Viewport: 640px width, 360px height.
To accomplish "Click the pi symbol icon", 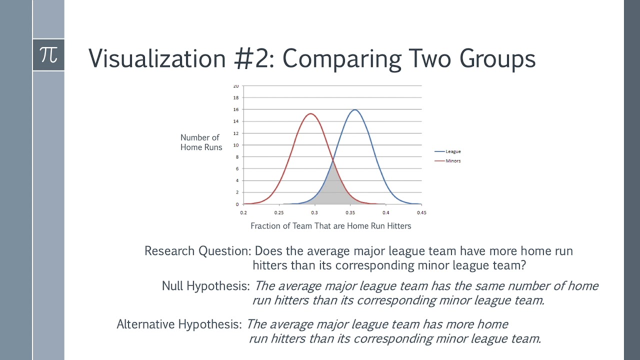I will click(48, 54).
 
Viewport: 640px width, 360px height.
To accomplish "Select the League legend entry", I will click(453, 151).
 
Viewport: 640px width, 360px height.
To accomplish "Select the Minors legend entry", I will click(453, 161).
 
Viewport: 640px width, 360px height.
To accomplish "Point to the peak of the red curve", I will click(310, 113).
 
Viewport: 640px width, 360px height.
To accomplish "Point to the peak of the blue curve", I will click(354, 109).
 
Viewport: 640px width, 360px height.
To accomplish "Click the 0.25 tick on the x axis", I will click(279, 212).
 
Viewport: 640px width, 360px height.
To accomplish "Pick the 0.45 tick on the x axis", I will click(421, 212).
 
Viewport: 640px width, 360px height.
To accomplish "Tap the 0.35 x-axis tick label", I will click(350, 212).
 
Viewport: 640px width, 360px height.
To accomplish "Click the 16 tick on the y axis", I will click(236, 109).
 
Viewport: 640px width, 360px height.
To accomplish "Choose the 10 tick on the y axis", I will click(236, 145).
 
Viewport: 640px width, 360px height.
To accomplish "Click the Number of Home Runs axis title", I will click(201, 142).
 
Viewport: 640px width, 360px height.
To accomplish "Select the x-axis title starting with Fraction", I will click(330, 226).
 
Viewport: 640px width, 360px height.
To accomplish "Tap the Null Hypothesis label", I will click(205, 286).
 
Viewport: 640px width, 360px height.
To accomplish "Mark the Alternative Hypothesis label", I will click(179, 324).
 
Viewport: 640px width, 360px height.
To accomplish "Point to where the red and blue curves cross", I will click(333, 159).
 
